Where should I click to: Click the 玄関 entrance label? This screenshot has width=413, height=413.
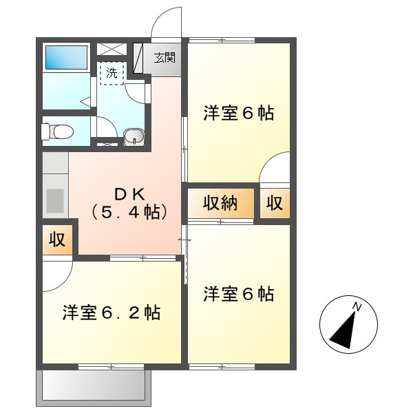pyautogui.click(x=164, y=58)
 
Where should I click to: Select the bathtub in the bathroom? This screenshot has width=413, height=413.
pyautogui.click(x=66, y=57)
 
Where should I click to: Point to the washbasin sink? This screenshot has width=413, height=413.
pyautogui.click(x=134, y=136)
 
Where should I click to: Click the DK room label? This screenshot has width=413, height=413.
pyautogui.click(x=129, y=193)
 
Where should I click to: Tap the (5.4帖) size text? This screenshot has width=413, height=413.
pyautogui.click(x=129, y=212)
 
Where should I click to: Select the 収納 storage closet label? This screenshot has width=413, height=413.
pyautogui.click(x=220, y=203)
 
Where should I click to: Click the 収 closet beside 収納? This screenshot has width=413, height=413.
pyautogui.click(x=275, y=203)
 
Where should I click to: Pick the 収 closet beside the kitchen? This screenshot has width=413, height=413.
pyautogui.click(x=56, y=240)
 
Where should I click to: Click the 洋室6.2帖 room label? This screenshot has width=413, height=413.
pyautogui.click(x=112, y=313)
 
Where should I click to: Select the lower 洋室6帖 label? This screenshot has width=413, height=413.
pyautogui.click(x=238, y=295)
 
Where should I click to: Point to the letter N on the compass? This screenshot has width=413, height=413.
pyautogui.click(x=357, y=306)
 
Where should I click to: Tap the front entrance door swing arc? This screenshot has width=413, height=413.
pyautogui.click(x=166, y=21)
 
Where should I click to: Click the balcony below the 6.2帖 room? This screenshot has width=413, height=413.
pyautogui.click(x=94, y=384)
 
